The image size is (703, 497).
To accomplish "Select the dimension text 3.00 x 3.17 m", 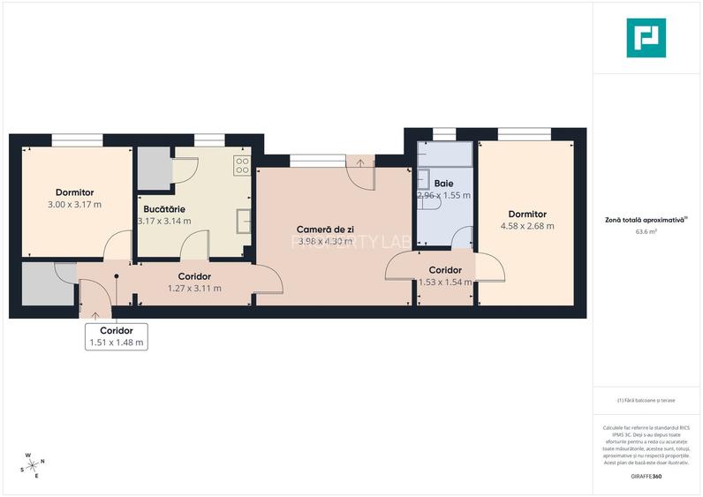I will (x=74, y=204).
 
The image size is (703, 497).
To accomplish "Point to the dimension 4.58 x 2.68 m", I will (x=527, y=226).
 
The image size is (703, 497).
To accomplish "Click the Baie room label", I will (x=443, y=184).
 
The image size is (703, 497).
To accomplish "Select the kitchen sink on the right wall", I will (x=243, y=220).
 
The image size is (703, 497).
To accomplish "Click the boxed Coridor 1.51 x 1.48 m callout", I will (x=116, y=336).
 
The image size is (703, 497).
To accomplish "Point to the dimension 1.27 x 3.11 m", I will (x=193, y=288).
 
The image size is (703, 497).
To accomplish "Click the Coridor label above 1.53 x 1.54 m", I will (x=445, y=270).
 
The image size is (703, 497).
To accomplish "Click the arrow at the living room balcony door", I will (x=360, y=162).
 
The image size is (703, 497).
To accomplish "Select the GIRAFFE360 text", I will (x=646, y=476).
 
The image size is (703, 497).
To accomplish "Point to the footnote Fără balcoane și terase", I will (x=646, y=400).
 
